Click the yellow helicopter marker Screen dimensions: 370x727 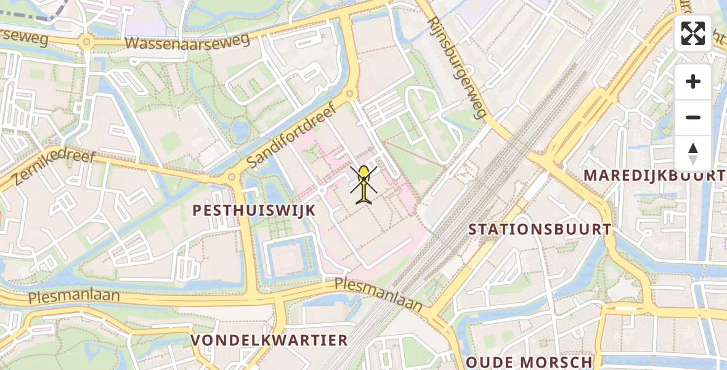point(365,184)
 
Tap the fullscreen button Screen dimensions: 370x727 point(693,33)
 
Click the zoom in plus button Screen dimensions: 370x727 point(693,81)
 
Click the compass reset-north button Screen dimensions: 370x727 point(693,153)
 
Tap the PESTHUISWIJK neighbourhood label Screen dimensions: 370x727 point(254,210)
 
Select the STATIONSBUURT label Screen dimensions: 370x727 point(540,229)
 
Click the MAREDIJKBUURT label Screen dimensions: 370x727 point(654,175)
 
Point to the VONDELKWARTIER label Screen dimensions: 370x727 point(269,340)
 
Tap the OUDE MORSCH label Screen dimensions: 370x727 point(529,362)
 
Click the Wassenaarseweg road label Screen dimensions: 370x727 point(187,41)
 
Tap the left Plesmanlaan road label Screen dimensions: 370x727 point(74,297)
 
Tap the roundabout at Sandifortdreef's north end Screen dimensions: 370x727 point(350,94)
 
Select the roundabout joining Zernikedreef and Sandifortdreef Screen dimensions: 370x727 point(232,177)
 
